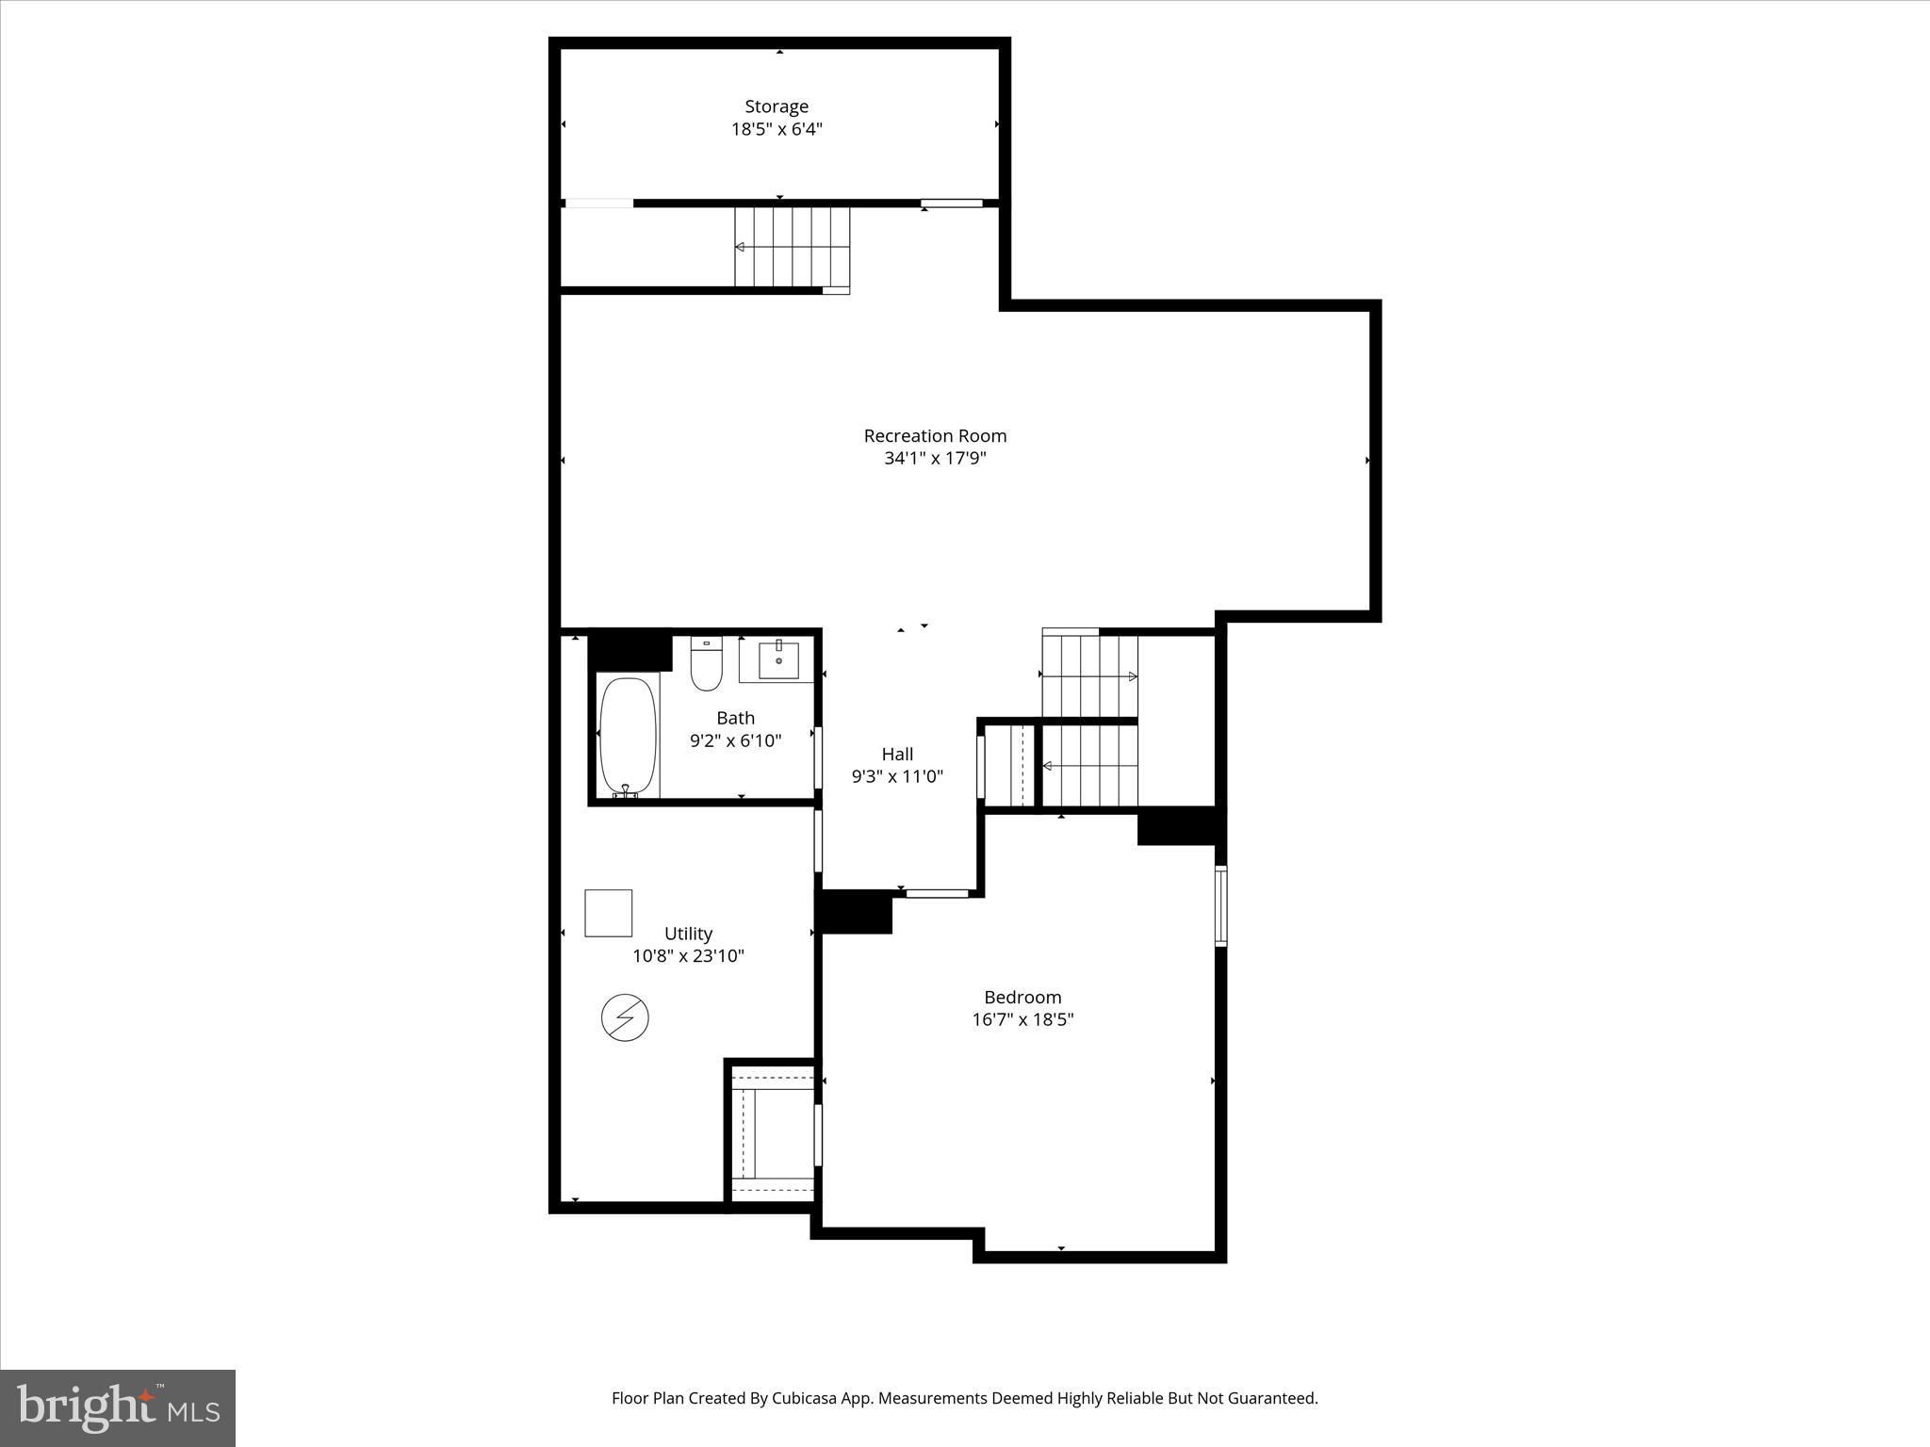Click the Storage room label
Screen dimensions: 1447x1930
(x=777, y=106)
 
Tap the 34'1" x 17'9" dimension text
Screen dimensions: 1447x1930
(x=935, y=459)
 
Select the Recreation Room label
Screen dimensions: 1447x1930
(x=935, y=435)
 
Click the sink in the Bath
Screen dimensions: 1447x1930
(x=778, y=660)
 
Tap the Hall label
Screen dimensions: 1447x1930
(x=897, y=754)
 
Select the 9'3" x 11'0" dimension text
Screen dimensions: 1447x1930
(x=897, y=776)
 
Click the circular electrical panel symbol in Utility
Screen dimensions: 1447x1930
(x=625, y=1017)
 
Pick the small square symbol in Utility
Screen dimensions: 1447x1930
(x=608, y=913)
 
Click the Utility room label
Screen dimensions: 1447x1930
(x=688, y=934)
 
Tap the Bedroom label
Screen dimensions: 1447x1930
(x=1022, y=997)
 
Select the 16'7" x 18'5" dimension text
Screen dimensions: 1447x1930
(x=1022, y=1019)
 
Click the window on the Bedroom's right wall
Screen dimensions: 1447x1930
(x=1220, y=905)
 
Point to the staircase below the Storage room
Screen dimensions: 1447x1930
(x=792, y=247)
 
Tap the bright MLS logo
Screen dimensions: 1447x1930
(x=118, y=1407)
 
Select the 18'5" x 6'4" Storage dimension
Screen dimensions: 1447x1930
(x=777, y=129)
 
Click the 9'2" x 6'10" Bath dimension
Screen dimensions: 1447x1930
(x=735, y=740)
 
